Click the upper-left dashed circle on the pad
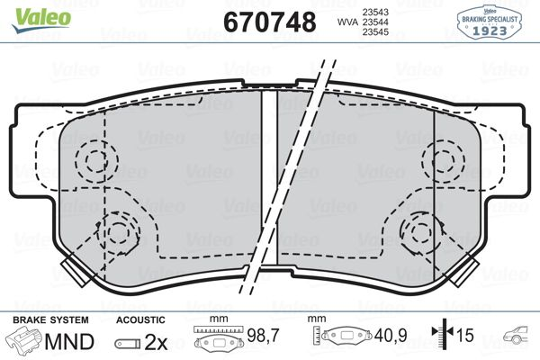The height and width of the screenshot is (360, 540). point(94,161)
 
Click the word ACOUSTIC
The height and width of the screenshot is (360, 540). point(140,319)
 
